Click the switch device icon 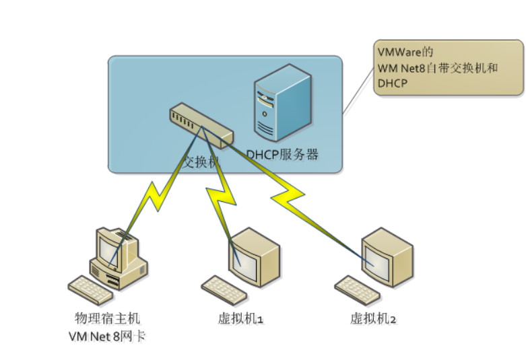[200, 124]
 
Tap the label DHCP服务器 [282, 155]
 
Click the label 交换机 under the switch [203, 162]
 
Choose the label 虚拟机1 [240, 318]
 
